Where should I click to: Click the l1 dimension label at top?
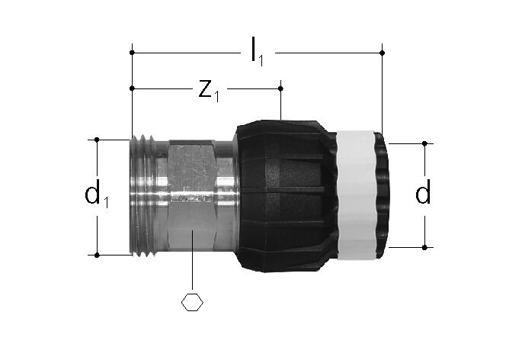pyautogui.click(x=257, y=52)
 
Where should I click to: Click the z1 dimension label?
pyautogui.click(x=209, y=91)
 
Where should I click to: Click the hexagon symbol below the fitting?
pyautogui.click(x=192, y=302)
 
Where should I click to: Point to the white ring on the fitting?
pyautogui.click(x=356, y=195)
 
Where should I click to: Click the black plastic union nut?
pyautogui.click(x=283, y=196)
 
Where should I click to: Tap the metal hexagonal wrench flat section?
pyautogui.click(x=192, y=195)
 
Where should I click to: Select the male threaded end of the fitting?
pyautogui.click(x=143, y=196)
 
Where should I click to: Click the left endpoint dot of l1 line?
pyautogui.click(x=132, y=53)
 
